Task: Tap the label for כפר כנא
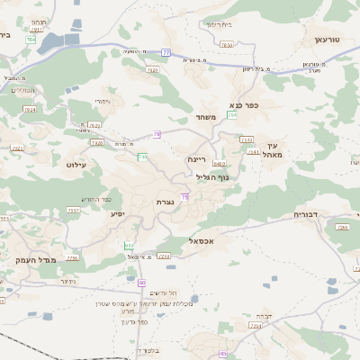click(244, 105)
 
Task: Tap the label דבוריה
click(311, 215)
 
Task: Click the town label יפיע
click(118, 214)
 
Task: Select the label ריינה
click(197, 158)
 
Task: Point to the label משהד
click(201, 118)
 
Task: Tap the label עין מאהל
click(274, 150)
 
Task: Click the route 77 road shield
click(166, 52)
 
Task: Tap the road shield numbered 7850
click(226, 44)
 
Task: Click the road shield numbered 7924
click(31, 110)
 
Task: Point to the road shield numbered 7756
click(72, 258)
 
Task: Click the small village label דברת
click(263, 316)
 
